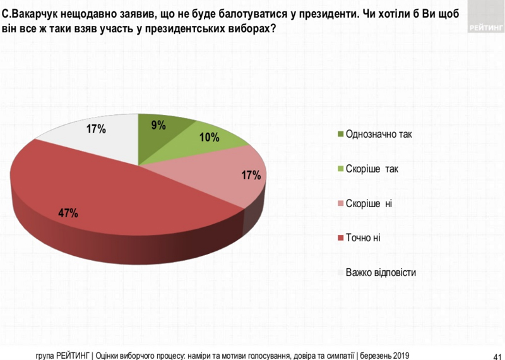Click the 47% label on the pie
point(68,213)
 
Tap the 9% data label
point(158,125)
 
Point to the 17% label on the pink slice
point(251,176)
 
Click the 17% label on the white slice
point(95,130)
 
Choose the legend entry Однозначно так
point(378,134)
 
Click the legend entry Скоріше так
point(372,169)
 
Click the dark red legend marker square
point(341,238)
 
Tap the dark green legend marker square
point(341,134)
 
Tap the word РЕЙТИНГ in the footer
point(73,354)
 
